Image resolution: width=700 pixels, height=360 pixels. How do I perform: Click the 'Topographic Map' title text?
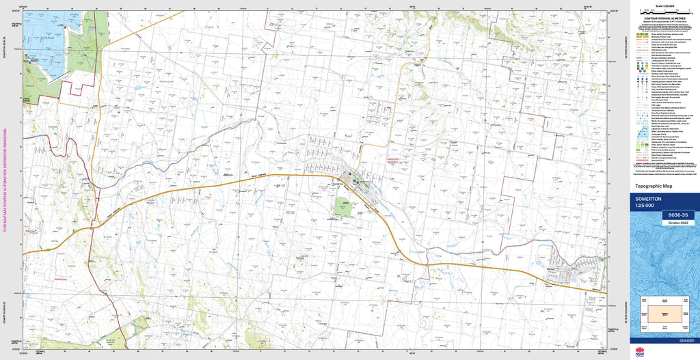pyautogui.click(x=654, y=186)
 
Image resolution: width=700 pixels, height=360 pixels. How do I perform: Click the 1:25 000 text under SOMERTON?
pyautogui.click(x=644, y=206)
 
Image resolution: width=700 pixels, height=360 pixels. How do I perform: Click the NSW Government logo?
pyautogui.click(x=640, y=352)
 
